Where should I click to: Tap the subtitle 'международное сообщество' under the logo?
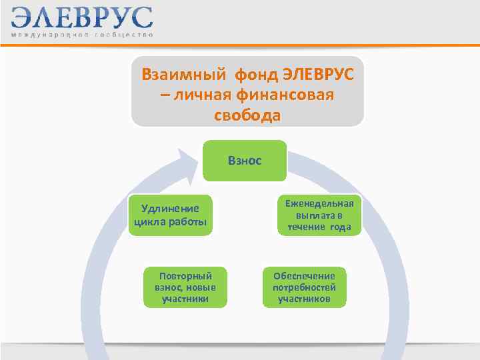(x=81, y=35)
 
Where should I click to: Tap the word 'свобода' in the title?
(x=247, y=115)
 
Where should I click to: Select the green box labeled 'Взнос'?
(x=245, y=161)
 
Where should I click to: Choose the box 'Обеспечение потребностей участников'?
(x=304, y=287)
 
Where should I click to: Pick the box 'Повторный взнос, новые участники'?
(x=185, y=287)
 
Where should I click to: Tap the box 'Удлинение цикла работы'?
(x=170, y=215)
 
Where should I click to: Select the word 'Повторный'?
(x=185, y=275)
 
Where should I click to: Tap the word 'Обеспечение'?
(x=304, y=275)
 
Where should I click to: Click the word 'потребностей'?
(x=304, y=287)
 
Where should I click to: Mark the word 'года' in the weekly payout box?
(x=337, y=227)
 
